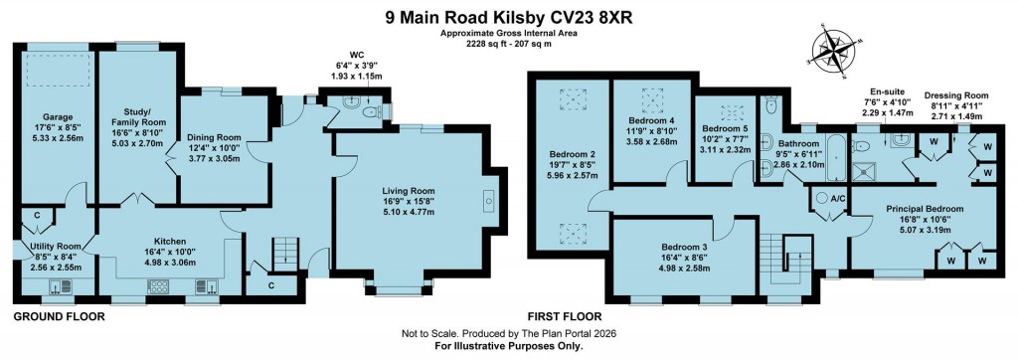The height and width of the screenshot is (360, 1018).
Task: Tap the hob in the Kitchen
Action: coord(158,286)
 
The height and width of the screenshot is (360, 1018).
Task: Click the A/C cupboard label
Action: coord(838,199)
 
